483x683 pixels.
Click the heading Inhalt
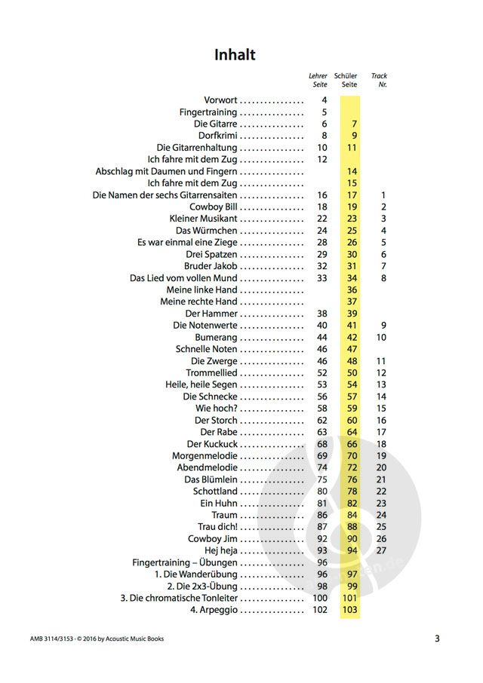(x=235, y=54)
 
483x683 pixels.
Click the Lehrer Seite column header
(x=318, y=80)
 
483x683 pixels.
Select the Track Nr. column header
(x=379, y=80)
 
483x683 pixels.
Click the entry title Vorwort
(x=220, y=100)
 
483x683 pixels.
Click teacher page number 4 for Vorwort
(x=325, y=100)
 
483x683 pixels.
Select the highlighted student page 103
(x=349, y=610)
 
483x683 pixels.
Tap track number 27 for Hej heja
(x=381, y=550)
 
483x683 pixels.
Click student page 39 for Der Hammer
(x=352, y=314)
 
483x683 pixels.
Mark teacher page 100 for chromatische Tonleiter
(x=319, y=598)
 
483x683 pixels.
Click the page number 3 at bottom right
(x=437, y=639)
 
